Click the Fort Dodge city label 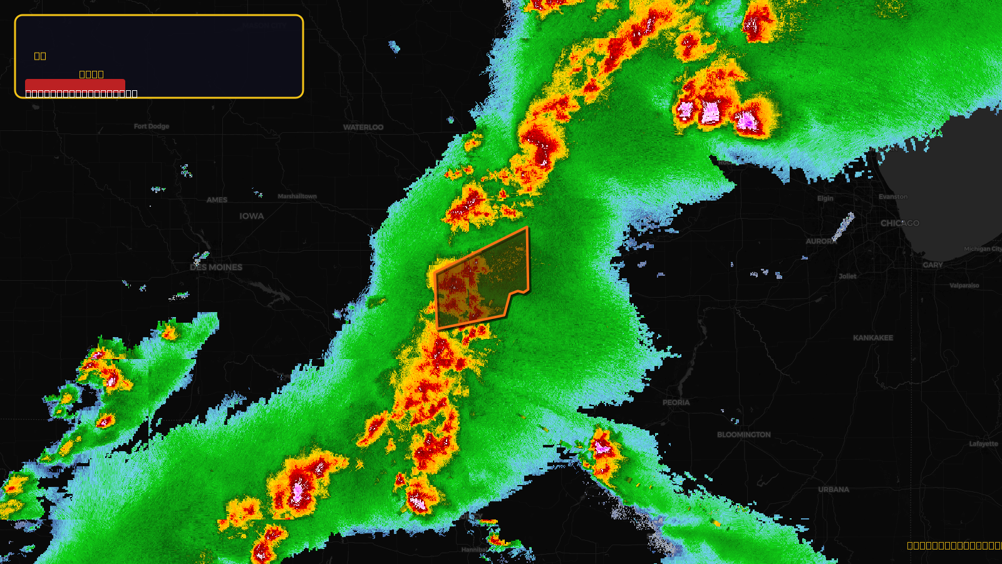(x=152, y=127)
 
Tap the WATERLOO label (x=363, y=127)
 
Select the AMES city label (x=217, y=200)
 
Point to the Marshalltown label (x=297, y=196)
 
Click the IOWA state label (x=251, y=216)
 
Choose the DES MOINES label (x=216, y=268)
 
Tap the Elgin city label (x=825, y=199)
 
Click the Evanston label (x=892, y=197)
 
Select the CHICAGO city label (x=900, y=223)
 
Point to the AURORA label (x=821, y=241)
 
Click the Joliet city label (x=847, y=276)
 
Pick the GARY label (x=932, y=265)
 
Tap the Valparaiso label (x=964, y=286)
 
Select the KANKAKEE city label (x=873, y=338)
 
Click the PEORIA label (x=676, y=402)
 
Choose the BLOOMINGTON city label (x=744, y=435)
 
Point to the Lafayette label (x=984, y=444)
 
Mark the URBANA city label (x=834, y=489)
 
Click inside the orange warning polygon (x=482, y=282)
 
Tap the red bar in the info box (x=75, y=85)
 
